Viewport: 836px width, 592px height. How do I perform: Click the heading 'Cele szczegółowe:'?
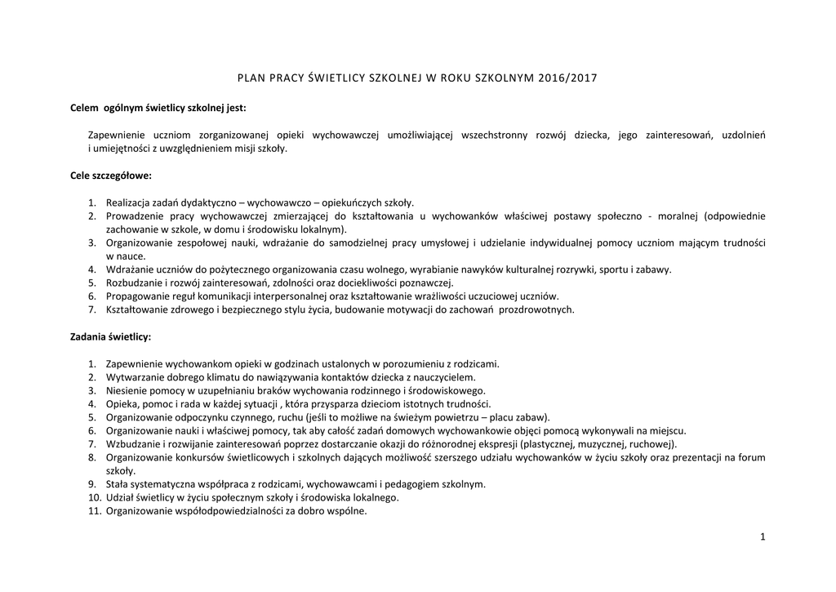pos(111,176)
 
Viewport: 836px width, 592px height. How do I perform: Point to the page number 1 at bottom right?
pos(762,536)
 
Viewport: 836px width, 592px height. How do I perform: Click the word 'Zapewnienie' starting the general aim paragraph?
pos(116,135)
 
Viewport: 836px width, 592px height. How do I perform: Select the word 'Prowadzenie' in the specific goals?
pos(135,216)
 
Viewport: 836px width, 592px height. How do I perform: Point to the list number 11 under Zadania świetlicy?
pos(94,511)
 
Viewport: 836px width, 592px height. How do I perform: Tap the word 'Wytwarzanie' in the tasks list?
pos(134,377)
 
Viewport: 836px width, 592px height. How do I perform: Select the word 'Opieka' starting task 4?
pos(122,404)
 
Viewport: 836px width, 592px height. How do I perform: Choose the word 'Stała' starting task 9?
pos(118,484)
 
